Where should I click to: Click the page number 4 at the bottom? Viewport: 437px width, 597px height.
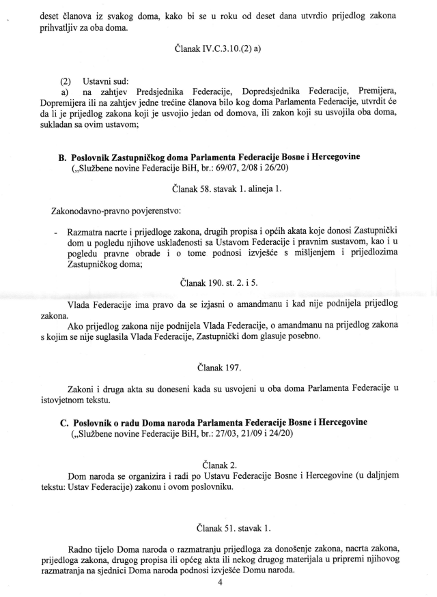click(220, 582)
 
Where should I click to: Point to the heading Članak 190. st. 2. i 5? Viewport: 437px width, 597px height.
click(219, 281)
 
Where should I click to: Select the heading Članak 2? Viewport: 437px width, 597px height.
click(219, 464)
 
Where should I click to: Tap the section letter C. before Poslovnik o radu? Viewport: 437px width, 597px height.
click(63, 422)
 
